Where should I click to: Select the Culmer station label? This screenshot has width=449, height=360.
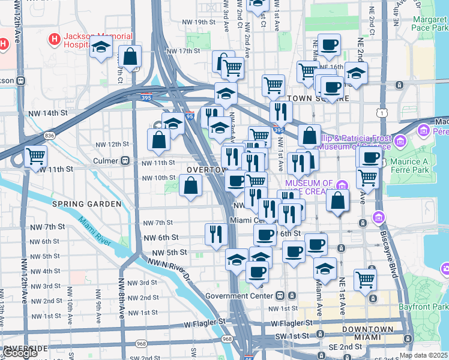(107, 161)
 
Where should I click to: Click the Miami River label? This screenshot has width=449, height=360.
(94, 230)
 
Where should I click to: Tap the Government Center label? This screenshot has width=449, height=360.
(240, 296)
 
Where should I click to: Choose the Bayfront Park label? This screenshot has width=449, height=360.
(427, 307)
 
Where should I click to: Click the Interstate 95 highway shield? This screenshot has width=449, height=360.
(189, 117)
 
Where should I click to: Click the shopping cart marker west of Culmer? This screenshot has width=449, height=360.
(35, 156)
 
